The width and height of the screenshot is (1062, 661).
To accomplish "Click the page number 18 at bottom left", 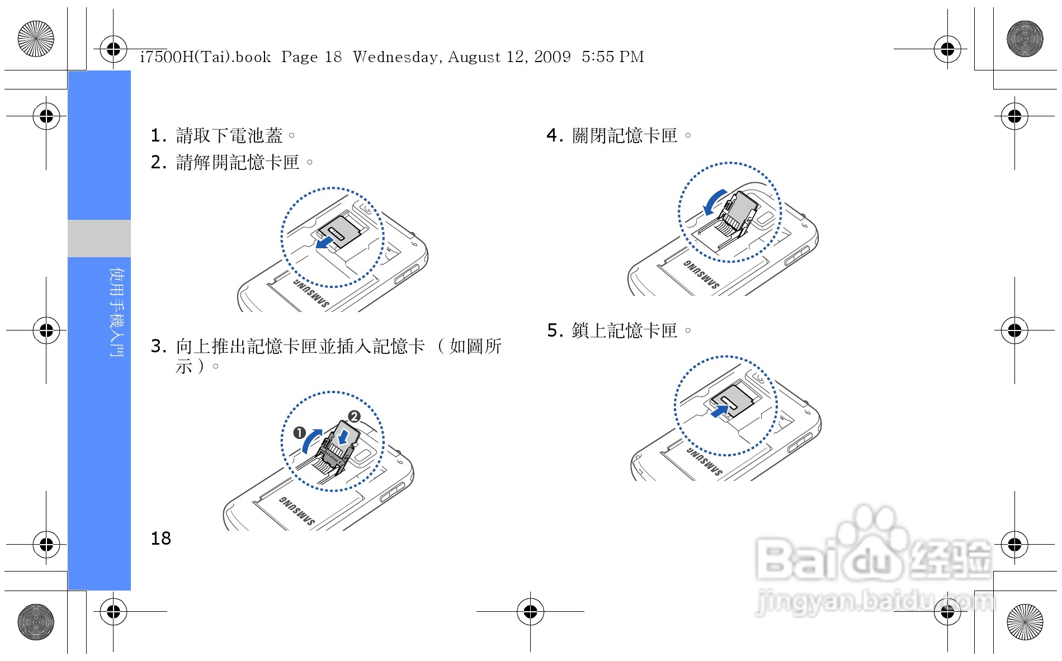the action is (161, 538).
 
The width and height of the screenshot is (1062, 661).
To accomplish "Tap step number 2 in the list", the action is (158, 162).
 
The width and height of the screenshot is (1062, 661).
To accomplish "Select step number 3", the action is (158, 346).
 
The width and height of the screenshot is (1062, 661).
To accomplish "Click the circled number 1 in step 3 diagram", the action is (300, 433).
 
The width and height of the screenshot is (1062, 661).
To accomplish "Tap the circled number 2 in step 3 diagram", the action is (354, 417).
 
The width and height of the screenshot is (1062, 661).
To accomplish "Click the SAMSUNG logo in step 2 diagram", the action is (311, 292).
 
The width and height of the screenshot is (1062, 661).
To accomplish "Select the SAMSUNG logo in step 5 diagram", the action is (705, 460).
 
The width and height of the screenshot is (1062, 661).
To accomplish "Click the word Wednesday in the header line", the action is (395, 57).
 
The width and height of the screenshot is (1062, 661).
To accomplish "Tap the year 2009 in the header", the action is (553, 56).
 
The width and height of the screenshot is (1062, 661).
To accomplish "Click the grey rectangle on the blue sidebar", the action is (100, 238).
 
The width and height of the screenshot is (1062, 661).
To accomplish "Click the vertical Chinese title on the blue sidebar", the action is (117, 312).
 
